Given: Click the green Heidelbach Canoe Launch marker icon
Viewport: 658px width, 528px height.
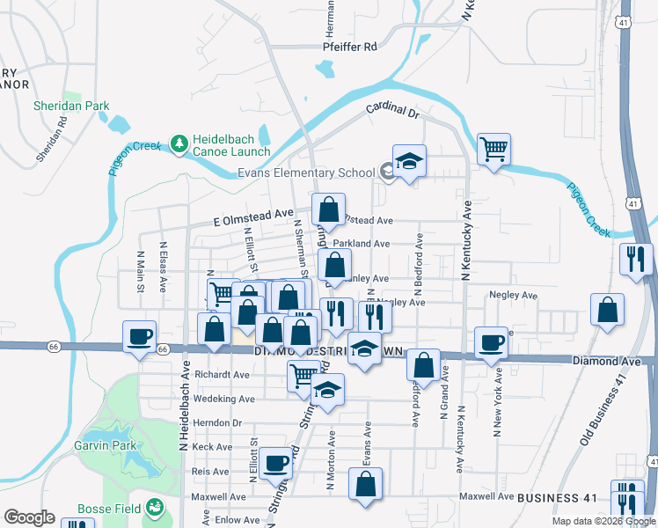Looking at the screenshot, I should coord(179,143).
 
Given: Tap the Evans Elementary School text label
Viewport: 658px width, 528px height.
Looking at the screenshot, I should coord(306,173).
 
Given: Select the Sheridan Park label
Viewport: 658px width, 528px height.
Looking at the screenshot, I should coord(71,106).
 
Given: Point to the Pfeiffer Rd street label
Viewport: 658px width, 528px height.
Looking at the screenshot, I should coord(349,47).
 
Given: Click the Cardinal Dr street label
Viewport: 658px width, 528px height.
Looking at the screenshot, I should coord(394,111).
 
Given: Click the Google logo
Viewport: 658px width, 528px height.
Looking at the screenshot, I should coord(29,517).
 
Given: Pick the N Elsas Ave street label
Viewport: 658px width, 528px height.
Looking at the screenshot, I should coord(164,263).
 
